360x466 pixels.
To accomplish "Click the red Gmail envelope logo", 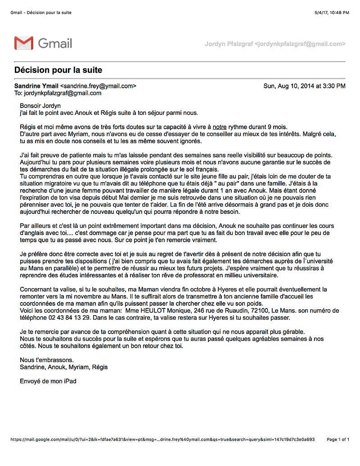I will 23,43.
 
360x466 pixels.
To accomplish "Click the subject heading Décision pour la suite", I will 58,70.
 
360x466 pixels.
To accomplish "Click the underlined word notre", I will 220,127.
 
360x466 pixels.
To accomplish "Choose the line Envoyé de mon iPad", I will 48,381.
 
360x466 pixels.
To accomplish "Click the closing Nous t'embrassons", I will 47,360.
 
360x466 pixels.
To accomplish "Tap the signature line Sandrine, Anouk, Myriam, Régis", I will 64,367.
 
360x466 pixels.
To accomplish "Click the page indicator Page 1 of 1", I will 338,439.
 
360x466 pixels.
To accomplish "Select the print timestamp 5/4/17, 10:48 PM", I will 332,13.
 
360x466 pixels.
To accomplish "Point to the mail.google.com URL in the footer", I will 162,439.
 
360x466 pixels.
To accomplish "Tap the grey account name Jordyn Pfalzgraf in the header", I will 229,44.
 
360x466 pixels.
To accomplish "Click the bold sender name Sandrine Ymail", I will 36,86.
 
